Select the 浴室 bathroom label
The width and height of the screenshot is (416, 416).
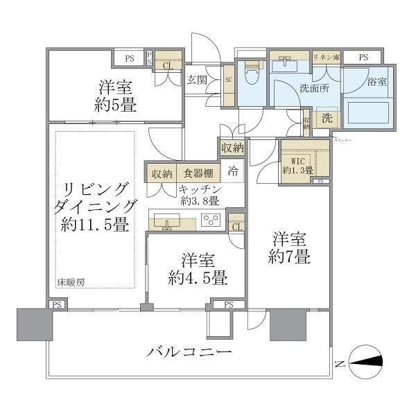(376, 81)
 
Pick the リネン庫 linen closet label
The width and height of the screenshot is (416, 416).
(325, 58)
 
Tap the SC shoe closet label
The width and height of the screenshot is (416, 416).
(228, 79)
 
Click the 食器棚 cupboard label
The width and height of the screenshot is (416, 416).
(198, 173)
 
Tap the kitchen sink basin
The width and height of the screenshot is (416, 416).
(167, 223)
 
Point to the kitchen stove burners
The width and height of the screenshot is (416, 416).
(210, 221)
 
